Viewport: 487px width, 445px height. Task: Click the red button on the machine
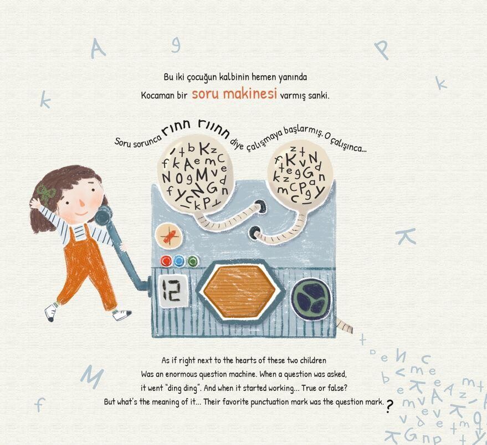167,261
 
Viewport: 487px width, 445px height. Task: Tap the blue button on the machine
179,261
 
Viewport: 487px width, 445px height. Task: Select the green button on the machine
192,261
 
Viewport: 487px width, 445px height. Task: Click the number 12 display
171,290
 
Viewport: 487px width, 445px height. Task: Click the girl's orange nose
82,203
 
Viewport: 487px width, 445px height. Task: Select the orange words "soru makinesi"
234,94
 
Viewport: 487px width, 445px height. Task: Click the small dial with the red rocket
168,237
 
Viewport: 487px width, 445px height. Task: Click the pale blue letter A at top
98,50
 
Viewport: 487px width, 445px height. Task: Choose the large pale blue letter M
91,376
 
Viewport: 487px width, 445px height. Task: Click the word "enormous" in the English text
181,375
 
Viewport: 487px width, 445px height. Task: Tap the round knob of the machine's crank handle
104,216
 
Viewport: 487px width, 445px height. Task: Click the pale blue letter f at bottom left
40,405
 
